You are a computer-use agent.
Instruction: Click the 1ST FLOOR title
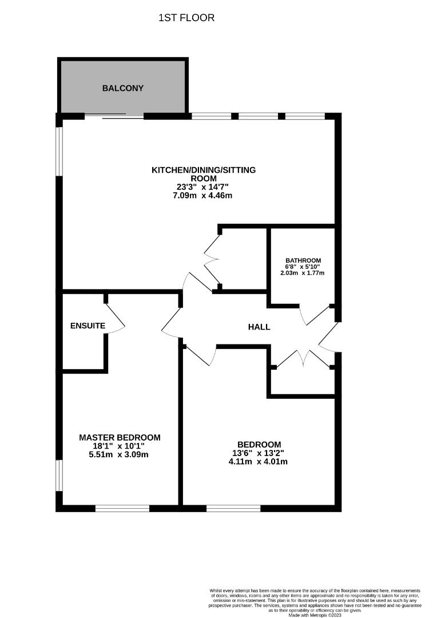[x=186, y=18]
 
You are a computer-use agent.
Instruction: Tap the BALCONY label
[x=123, y=88]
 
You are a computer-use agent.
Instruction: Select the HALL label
[x=259, y=327]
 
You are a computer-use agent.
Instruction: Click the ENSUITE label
[x=88, y=326]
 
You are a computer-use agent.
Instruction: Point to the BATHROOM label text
[x=303, y=260]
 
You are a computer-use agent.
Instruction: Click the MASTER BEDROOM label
[x=120, y=437]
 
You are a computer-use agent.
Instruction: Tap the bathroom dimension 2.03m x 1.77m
[x=303, y=273]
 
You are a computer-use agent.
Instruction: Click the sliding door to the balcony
[x=114, y=117]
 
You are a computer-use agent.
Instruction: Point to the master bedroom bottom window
[x=122, y=508]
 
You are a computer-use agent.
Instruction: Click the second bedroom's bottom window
[x=233, y=508]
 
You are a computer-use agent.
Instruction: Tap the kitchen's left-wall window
[x=59, y=150]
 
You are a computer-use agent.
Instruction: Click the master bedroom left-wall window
[x=59, y=475]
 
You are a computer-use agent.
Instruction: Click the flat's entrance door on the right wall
[x=329, y=338]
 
